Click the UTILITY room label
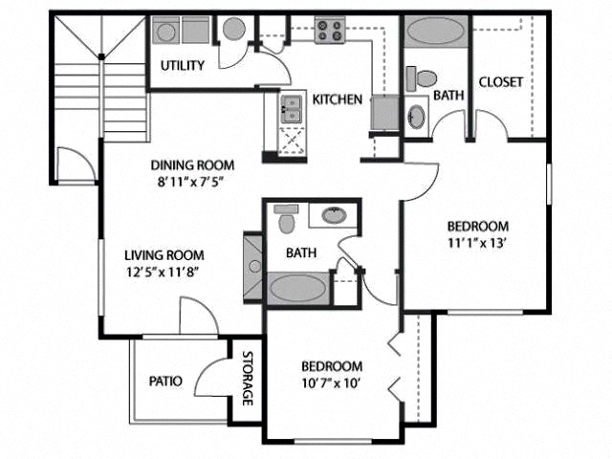click(182, 66)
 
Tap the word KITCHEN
click(338, 99)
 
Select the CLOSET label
click(500, 82)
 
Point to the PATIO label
click(166, 381)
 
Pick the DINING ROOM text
click(192, 164)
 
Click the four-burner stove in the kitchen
click(331, 30)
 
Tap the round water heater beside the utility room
click(235, 29)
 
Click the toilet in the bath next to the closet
click(424, 77)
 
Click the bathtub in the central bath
click(298, 287)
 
